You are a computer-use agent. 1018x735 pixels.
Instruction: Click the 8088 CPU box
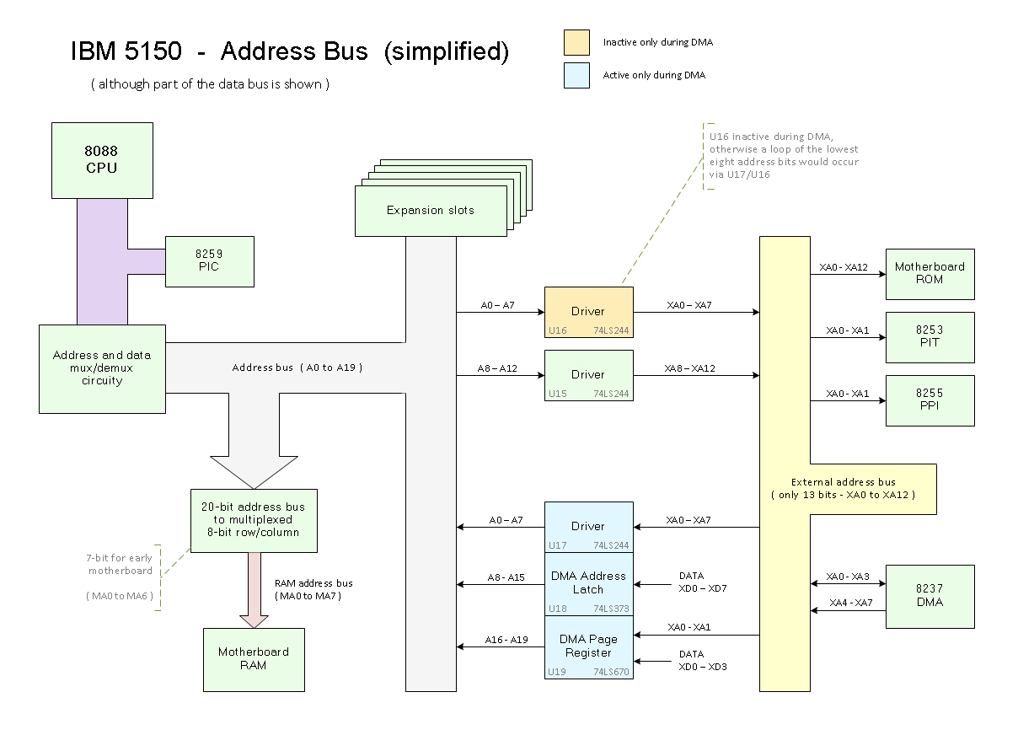[x=102, y=160]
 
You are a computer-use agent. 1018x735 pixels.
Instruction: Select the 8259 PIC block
[x=209, y=261]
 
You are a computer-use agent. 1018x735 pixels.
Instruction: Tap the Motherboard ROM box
[x=930, y=274]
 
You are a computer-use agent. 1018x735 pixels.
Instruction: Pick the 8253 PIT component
[x=930, y=337]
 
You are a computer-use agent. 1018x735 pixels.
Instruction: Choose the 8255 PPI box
[x=930, y=400]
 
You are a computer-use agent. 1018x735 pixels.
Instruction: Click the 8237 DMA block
[x=930, y=596]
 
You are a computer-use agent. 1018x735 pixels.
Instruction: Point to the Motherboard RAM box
[x=254, y=659]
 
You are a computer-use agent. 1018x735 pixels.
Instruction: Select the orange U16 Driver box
[x=588, y=312]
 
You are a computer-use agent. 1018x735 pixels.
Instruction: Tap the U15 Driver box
[x=588, y=375]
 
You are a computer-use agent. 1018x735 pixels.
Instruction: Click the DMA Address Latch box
[x=588, y=583]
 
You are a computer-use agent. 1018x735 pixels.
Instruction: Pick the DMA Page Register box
[x=588, y=646]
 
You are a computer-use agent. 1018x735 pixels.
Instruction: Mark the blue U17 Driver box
[x=588, y=527]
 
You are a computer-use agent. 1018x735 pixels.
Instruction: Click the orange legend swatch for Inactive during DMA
[x=577, y=42]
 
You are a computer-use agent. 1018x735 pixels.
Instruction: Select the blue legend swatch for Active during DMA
[x=577, y=75]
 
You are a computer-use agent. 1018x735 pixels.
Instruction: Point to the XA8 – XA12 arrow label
[x=689, y=368]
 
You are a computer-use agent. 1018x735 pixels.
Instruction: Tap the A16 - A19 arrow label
[x=506, y=640]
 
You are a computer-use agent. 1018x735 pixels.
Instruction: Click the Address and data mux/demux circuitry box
[x=102, y=368]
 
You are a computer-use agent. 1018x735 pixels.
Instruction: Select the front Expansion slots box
[x=430, y=211]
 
